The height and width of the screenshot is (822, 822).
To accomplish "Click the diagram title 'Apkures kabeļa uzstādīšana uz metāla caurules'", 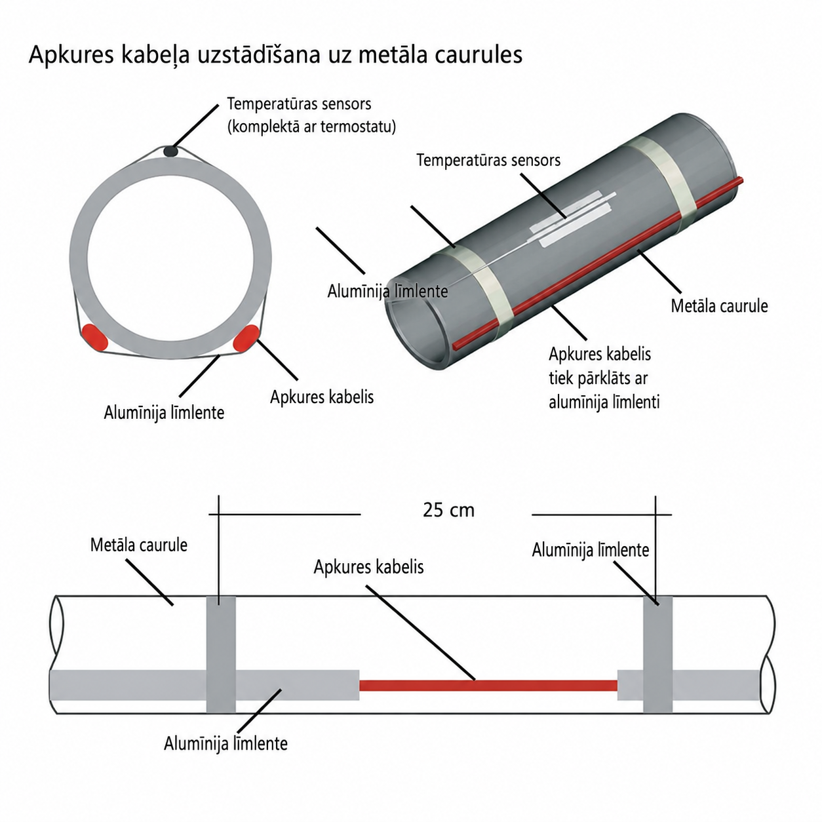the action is coord(275,56).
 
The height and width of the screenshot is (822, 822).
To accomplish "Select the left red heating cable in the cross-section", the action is coord(94,338).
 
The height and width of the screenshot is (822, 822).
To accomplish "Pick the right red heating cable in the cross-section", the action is coord(246,338).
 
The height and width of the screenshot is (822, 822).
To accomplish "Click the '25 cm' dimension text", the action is coord(448,510).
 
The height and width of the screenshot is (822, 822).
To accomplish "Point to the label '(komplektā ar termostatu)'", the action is coord(311,127).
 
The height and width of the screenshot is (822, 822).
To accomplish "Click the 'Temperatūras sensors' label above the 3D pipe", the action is coord(488,161).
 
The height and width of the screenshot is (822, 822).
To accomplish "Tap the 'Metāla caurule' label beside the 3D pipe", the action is coord(719,306).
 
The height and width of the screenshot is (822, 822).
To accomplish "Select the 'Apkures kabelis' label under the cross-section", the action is coord(322,397).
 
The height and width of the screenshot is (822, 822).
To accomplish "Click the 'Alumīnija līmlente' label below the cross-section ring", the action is coord(165,413).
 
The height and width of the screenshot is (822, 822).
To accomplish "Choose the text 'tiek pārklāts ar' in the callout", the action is coord(598,378).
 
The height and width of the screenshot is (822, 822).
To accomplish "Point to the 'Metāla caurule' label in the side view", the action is coord(138,545).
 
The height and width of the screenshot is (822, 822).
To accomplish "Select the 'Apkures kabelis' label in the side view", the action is coord(368,568).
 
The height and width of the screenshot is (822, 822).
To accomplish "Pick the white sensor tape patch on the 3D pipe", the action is coord(573,220).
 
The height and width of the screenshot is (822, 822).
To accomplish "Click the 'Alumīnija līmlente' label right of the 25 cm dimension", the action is coord(591,550).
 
